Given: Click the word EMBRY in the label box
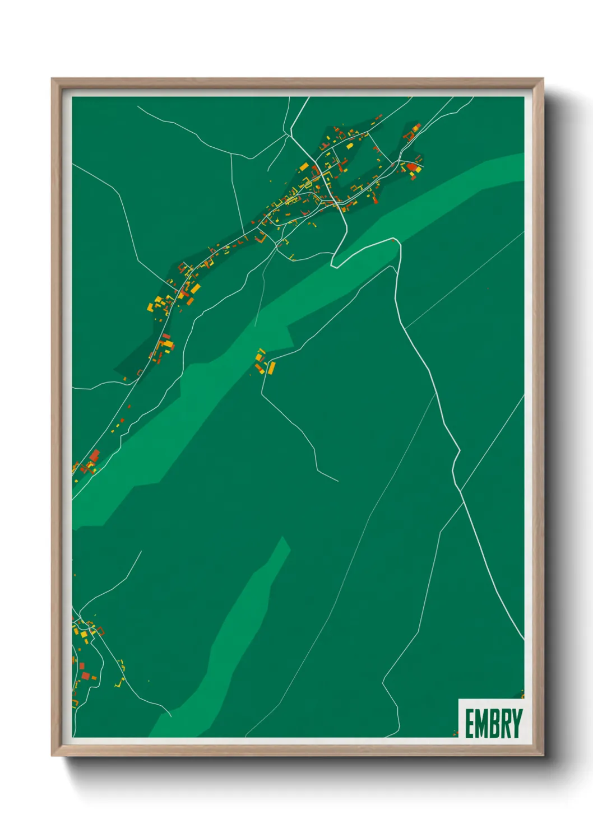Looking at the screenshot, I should click(x=493, y=724).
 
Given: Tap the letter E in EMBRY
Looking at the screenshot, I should click(x=470, y=724).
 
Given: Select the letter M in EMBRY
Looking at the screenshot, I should click(x=481, y=724).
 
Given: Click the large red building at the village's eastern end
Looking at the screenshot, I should click(x=413, y=166).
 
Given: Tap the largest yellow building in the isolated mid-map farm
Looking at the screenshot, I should click(x=272, y=367).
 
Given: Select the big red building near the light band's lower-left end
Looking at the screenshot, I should click(x=95, y=455).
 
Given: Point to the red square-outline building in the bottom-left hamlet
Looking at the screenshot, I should click(x=85, y=676).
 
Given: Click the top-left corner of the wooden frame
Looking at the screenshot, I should click(x=52, y=79).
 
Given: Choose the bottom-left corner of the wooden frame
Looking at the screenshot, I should click(x=52, y=756).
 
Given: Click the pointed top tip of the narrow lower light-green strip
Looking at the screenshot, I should click(x=282, y=537).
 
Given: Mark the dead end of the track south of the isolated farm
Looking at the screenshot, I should click(x=338, y=481).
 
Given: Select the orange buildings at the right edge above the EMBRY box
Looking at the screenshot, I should click(x=522, y=695).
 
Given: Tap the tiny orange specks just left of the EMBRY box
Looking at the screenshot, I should click(x=455, y=733).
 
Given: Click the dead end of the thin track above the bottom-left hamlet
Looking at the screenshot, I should click(x=142, y=552).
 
